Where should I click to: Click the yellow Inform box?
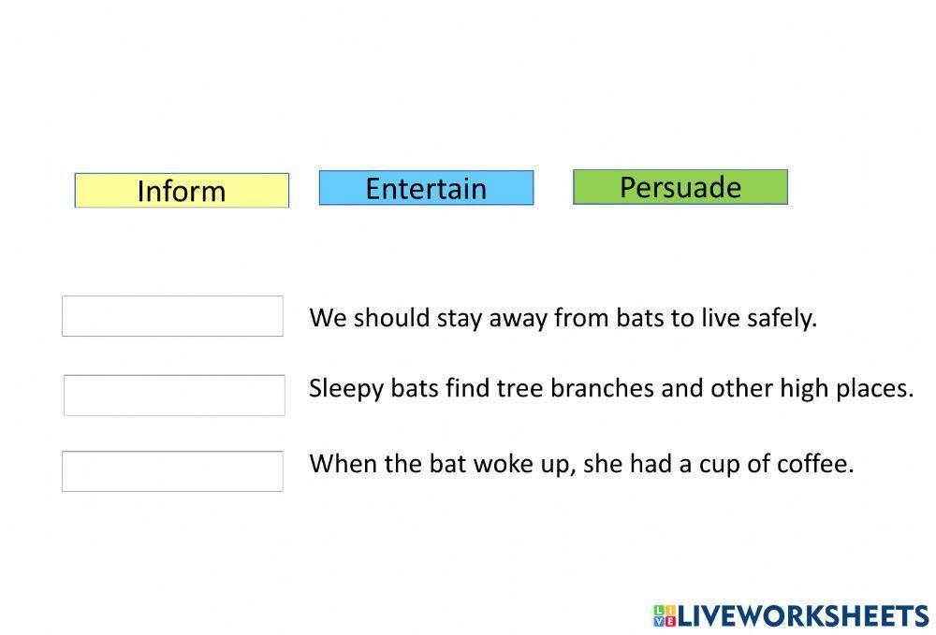pos(183,191)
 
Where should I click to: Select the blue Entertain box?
pos(426,188)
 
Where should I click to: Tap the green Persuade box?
pos(680,187)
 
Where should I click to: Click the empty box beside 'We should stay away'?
pos(172,316)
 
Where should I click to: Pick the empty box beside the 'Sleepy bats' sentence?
pos(174,396)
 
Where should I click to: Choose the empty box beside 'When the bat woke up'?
pos(172,471)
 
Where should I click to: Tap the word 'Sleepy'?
pos(346,389)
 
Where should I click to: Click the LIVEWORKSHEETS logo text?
pos(803,616)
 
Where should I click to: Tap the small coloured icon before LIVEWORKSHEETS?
pos(665,616)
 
